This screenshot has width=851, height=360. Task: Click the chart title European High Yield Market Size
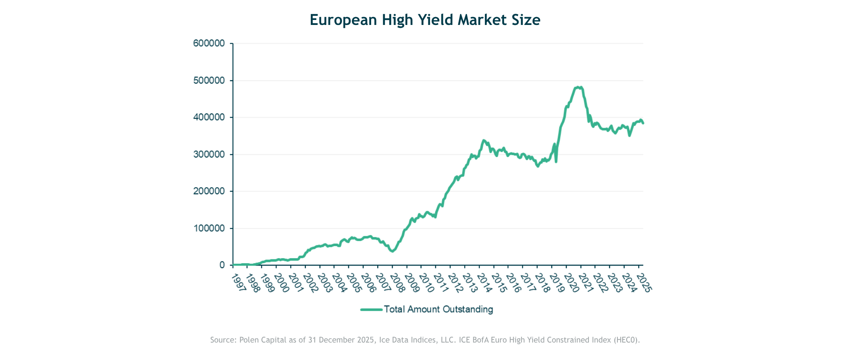click(x=425, y=20)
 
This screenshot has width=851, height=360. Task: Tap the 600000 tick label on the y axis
click(x=209, y=44)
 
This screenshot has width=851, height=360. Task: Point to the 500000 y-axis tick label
click(x=209, y=81)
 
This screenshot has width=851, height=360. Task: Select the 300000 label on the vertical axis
click(x=209, y=155)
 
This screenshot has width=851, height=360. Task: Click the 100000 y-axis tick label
click(x=209, y=229)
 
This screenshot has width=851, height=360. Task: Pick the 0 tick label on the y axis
click(x=222, y=265)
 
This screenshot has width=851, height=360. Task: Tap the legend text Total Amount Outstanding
click(x=438, y=309)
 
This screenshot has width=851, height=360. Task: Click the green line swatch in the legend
click(x=371, y=310)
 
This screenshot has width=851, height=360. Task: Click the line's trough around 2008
click(x=392, y=251)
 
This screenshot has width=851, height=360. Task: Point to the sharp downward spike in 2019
click(x=556, y=161)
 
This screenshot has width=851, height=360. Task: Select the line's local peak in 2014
click(x=483, y=141)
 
